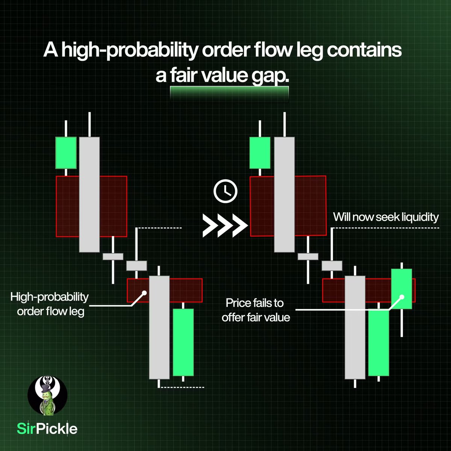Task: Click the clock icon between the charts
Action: click(x=225, y=191)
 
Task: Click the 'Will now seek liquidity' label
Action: click(x=386, y=217)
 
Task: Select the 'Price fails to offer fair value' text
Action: click(x=256, y=310)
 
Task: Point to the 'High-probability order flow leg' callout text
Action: click(x=49, y=304)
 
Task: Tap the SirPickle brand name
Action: click(x=47, y=428)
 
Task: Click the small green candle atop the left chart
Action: click(x=66, y=153)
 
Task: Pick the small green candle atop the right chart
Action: click(x=260, y=153)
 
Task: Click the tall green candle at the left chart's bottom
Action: click(x=183, y=342)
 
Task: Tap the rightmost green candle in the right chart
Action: click(x=402, y=289)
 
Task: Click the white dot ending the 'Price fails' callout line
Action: click(x=402, y=297)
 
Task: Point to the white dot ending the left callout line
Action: click(x=144, y=292)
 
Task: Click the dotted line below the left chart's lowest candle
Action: click(x=182, y=387)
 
